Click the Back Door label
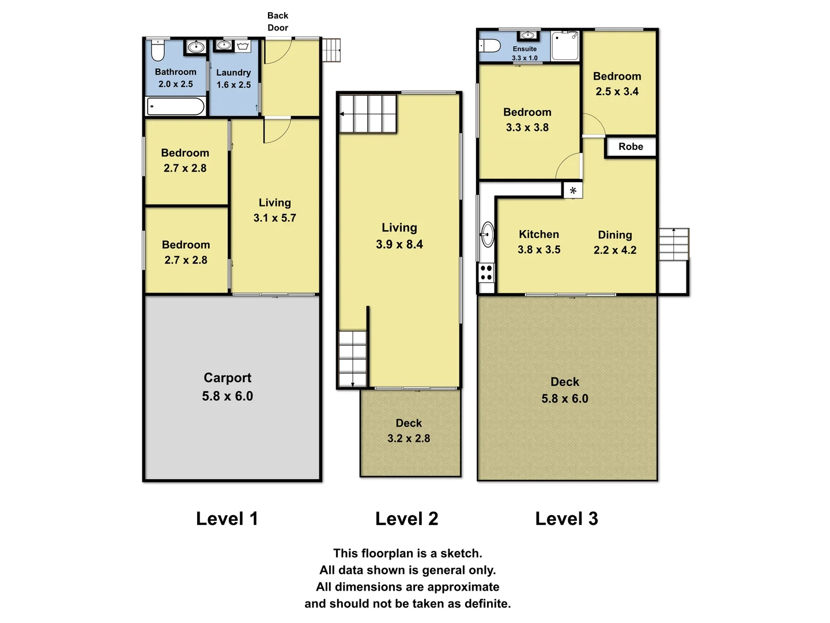click(277, 21)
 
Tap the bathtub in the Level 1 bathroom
click(176, 106)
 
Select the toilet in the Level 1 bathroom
click(158, 50)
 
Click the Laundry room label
click(233, 73)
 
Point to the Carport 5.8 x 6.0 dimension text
click(227, 396)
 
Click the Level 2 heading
click(406, 519)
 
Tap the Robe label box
click(631, 147)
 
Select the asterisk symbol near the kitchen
click(573, 190)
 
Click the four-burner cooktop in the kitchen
click(486, 272)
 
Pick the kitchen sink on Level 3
click(488, 234)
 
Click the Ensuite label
click(525, 49)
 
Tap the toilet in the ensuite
click(490, 46)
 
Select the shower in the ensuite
click(565, 46)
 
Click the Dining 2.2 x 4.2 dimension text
click(615, 250)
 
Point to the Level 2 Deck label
click(409, 423)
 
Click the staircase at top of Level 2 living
click(368, 114)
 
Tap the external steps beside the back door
click(331, 50)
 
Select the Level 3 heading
click(567, 519)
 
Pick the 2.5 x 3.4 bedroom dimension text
click(617, 92)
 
